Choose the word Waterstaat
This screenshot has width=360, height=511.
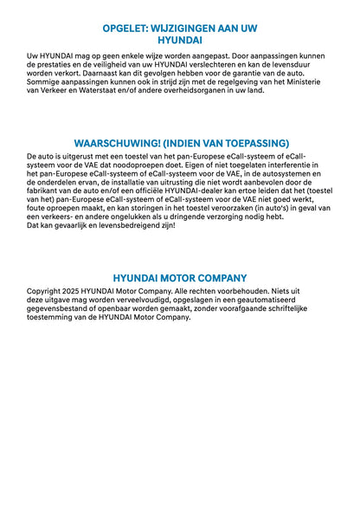pos(115,89)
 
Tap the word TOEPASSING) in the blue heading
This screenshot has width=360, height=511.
pos(257,143)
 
